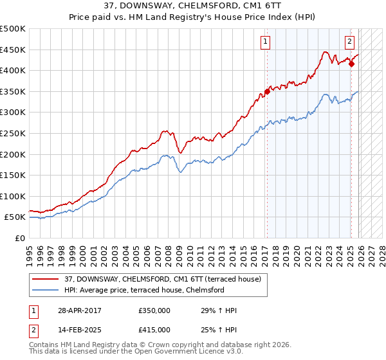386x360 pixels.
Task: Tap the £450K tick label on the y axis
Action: (13, 50)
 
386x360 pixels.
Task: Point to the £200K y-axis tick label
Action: (13, 154)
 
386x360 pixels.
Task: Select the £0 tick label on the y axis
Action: (19, 238)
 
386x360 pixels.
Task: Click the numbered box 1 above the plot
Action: (266, 42)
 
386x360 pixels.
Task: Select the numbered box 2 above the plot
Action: (349, 42)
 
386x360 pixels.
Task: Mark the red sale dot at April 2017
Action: (267, 91)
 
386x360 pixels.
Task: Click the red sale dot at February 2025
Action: (351, 64)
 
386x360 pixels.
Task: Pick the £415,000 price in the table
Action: (154, 329)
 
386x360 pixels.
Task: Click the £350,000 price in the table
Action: (154, 310)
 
